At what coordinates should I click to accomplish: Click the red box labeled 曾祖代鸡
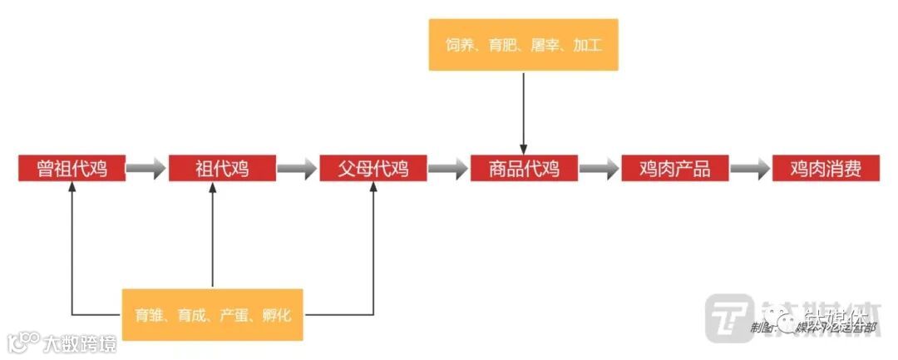72,168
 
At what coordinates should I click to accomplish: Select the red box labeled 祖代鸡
222,168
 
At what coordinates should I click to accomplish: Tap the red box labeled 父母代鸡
373,168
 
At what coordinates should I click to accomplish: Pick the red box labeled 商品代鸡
523,168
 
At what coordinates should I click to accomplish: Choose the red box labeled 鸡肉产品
674,168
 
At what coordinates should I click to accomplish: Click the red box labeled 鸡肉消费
825,168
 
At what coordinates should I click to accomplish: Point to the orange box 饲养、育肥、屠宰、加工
523,45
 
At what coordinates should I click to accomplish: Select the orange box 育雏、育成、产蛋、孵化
212,315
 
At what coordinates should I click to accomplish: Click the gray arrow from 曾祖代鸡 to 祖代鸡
147,169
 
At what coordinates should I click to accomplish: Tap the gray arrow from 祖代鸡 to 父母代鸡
297,169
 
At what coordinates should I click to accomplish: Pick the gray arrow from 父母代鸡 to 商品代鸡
448,169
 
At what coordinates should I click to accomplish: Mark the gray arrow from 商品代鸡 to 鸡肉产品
599,169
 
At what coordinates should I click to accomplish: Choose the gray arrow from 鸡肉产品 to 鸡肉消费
750,169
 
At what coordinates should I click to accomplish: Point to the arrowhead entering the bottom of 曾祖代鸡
72,188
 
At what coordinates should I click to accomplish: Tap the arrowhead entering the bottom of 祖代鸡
213,188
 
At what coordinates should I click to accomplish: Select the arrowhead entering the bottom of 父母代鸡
373,188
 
